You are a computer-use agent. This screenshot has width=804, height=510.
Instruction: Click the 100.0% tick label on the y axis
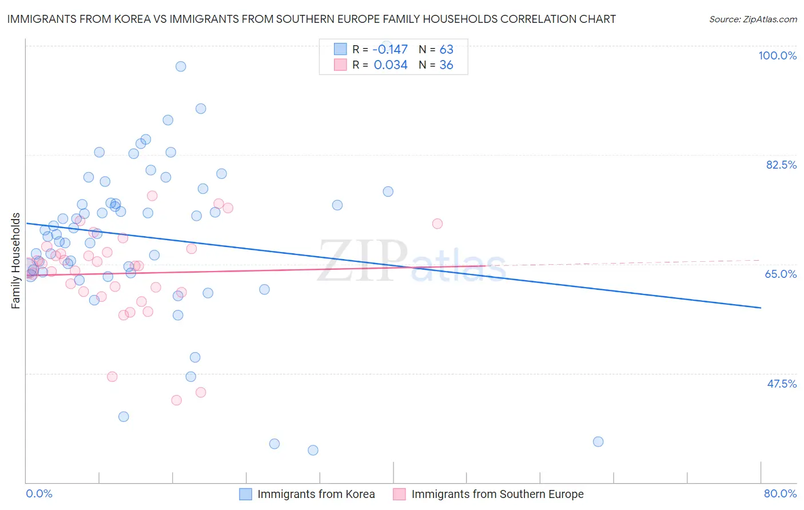pyautogui.click(x=777, y=55)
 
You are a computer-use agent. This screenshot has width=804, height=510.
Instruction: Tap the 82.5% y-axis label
pyautogui.click(x=781, y=165)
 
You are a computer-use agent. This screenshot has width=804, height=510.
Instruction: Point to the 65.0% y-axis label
pyautogui.click(x=781, y=274)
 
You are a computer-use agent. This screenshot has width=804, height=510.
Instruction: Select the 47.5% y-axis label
pyautogui.click(x=782, y=384)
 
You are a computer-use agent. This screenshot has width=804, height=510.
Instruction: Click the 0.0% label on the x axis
pyautogui.click(x=39, y=493)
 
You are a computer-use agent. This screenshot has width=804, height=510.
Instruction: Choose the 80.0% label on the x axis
pyautogui.click(x=780, y=493)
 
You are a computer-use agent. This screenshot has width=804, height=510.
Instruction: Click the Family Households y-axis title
pyautogui.click(x=16, y=261)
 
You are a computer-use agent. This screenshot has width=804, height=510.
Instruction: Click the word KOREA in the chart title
pyautogui.click(x=129, y=19)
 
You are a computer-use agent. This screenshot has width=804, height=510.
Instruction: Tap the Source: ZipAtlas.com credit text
pyautogui.click(x=753, y=19)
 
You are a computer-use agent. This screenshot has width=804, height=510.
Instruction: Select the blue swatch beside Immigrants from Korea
pyautogui.click(x=245, y=494)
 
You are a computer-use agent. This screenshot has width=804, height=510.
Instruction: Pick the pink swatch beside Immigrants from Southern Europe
pyautogui.click(x=399, y=494)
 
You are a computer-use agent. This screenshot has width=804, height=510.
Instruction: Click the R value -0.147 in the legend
pyautogui.click(x=391, y=49)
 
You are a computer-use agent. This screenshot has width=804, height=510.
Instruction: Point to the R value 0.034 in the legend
pyautogui.click(x=391, y=65)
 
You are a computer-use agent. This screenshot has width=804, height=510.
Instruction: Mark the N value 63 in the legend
pyautogui.click(x=446, y=49)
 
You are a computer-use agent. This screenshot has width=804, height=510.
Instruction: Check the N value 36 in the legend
pyautogui.click(x=446, y=65)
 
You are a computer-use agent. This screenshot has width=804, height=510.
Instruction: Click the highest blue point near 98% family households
pyautogui.click(x=181, y=66)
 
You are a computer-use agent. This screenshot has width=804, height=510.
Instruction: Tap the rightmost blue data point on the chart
pyautogui.click(x=598, y=441)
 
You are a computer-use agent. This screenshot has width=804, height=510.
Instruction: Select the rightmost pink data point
pyautogui.click(x=437, y=224)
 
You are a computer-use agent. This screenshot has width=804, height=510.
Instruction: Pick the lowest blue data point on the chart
pyautogui.click(x=313, y=450)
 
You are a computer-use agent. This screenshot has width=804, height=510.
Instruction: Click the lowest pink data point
pyautogui.click(x=176, y=400)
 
